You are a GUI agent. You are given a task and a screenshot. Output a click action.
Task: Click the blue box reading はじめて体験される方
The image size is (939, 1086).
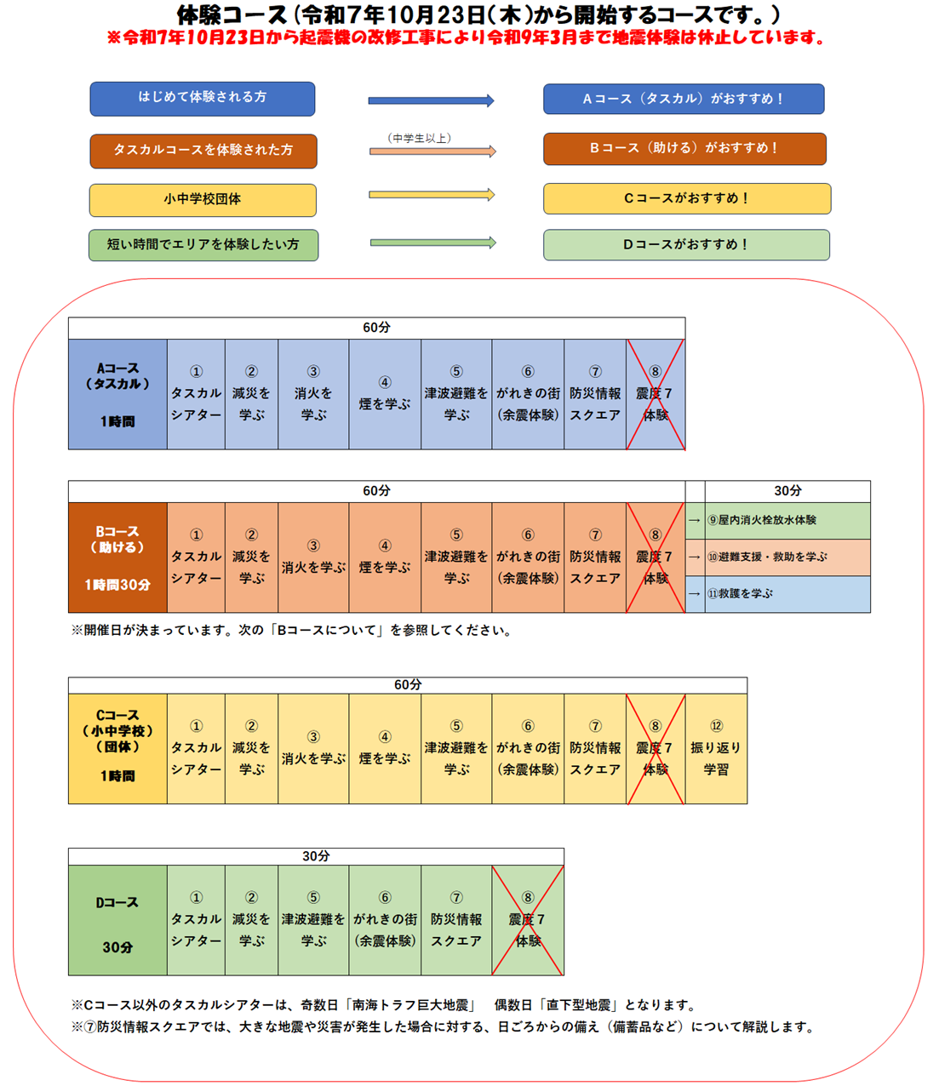[203, 99]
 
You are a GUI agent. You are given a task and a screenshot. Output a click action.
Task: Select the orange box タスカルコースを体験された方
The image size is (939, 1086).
[203, 151]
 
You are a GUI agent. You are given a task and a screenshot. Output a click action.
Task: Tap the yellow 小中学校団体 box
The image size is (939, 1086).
[203, 200]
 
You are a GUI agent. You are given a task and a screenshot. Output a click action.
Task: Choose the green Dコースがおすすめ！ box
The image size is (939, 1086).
[686, 245]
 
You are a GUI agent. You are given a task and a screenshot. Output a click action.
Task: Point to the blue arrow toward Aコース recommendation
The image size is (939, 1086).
[431, 100]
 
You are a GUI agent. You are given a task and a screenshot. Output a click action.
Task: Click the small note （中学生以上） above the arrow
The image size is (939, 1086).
[419, 138]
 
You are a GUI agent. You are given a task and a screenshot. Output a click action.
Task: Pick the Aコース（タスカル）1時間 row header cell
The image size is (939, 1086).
[117, 394]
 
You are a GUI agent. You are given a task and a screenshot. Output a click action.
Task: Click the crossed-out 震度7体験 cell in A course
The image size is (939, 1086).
[655, 394]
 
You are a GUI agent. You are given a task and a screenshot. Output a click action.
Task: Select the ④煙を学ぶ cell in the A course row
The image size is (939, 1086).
[385, 394]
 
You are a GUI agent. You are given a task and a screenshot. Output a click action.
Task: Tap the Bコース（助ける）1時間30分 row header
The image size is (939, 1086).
[117, 557]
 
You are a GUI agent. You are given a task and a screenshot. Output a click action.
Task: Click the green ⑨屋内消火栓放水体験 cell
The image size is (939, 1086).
[787, 520]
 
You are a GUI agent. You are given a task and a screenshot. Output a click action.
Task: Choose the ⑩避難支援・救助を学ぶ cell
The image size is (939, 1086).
[787, 557]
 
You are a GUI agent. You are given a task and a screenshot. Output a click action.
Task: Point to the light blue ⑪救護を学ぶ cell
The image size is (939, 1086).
[787, 594]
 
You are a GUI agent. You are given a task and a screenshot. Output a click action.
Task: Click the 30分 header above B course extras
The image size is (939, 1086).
[787, 491]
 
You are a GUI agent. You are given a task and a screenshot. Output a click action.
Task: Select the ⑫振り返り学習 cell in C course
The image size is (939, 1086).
[716, 749]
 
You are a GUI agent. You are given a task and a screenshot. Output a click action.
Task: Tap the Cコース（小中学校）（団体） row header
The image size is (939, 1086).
[117, 749]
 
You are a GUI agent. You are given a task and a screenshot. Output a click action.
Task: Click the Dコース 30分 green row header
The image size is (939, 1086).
[117, 921]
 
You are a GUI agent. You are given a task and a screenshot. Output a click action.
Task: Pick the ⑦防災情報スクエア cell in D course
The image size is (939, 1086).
[456, 921]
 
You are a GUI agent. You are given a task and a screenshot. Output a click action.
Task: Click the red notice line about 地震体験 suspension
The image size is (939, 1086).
[467, 38]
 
